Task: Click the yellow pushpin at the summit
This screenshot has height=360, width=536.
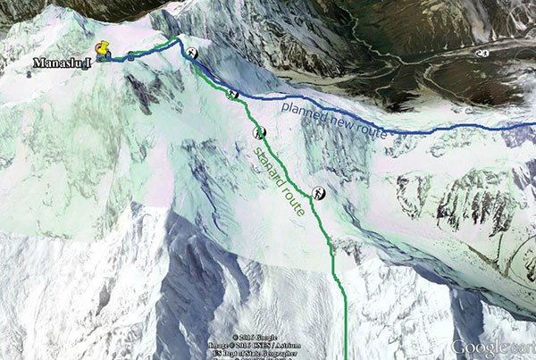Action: point(104,50)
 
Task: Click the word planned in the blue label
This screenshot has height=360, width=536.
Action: point(303,113)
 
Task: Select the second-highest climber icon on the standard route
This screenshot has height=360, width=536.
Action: point(232,94)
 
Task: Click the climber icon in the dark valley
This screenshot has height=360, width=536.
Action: point(483,54)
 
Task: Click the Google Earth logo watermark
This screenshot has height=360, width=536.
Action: point(492,347)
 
